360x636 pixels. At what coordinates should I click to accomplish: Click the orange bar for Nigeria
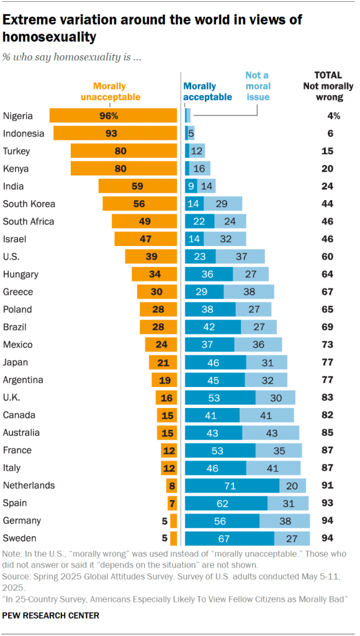pyautogui.click(x=113, y=116)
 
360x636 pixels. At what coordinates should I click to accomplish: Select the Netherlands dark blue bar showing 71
pyautogui.click(x=232, y=485)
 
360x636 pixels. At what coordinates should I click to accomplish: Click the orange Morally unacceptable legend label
pyautogui.click(x=117, y=91)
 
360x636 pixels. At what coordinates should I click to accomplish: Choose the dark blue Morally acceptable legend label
pyautogui.click(x=207, y=91)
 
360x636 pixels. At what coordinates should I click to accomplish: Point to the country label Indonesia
pyautogui.click(x=24, y=133)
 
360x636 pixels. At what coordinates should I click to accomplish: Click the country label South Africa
pyautogui.click(x=29, y=221)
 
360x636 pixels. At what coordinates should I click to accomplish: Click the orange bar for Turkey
pyautogui.click(x=124, y=151)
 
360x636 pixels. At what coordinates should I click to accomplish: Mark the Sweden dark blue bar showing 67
pyautogui.click(x=230, y=538)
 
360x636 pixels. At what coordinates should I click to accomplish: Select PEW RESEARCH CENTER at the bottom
pyautogui.click(x=51, y=616)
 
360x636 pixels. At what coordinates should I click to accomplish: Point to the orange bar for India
pyautogui.click(x=138, y=186)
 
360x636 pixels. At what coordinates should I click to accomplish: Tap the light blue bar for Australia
pyautogui.click(x=271, y=432)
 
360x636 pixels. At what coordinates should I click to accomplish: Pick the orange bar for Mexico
pyautogui.click(x=161, y=344)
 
